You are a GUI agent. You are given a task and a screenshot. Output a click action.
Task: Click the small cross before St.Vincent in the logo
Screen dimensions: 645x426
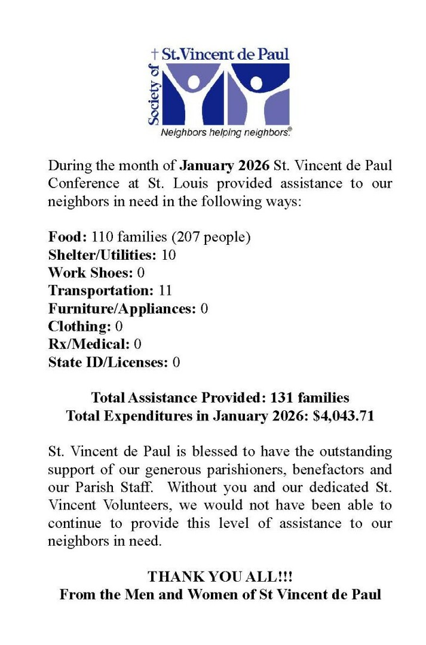[155, 54]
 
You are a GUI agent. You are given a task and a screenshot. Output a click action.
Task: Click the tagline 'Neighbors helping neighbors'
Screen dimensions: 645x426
[225, 133]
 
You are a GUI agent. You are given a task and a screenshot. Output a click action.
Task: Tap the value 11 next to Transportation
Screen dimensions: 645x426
[166, 291]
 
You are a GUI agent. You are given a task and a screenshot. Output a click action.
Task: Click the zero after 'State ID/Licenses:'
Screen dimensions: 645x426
[176, 363]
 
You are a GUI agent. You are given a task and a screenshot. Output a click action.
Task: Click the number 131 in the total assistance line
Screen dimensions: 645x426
[282, 398]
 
